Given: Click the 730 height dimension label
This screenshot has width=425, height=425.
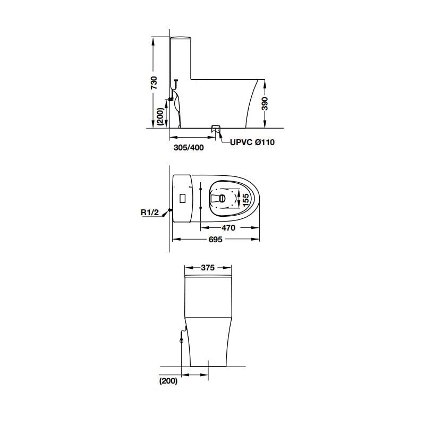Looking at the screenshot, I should (x=154, y=82).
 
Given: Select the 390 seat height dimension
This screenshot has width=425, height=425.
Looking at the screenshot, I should (x=265, y=103).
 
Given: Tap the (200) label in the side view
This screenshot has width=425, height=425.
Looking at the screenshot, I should (x=159, y=116).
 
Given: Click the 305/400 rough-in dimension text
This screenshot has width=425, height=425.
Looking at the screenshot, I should (x=189, y=148).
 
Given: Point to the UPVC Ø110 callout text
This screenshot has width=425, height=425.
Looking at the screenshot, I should (x=252, y=142).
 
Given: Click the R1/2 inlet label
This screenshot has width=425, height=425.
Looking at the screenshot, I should (x=150, y=212).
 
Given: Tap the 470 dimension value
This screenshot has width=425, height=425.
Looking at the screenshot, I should (x=229, y=227).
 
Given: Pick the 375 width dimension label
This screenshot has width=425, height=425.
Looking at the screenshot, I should (x=208, y=268).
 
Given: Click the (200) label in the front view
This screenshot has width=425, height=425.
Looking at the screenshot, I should (x=167, y=381).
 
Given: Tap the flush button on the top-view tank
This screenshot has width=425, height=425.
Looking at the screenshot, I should (x=182, y=198).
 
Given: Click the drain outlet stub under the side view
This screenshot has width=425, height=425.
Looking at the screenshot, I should (x=215, y=128).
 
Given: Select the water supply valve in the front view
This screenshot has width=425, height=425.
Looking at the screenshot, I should (x=182, y=335).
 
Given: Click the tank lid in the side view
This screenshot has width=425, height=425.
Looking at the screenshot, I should (x=181, y=37).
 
